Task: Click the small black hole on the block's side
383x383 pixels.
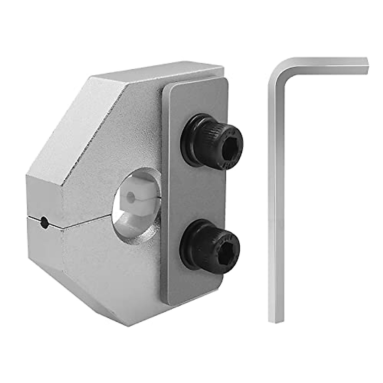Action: click(45, 222)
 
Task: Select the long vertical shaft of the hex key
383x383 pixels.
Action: click(276, 191)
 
